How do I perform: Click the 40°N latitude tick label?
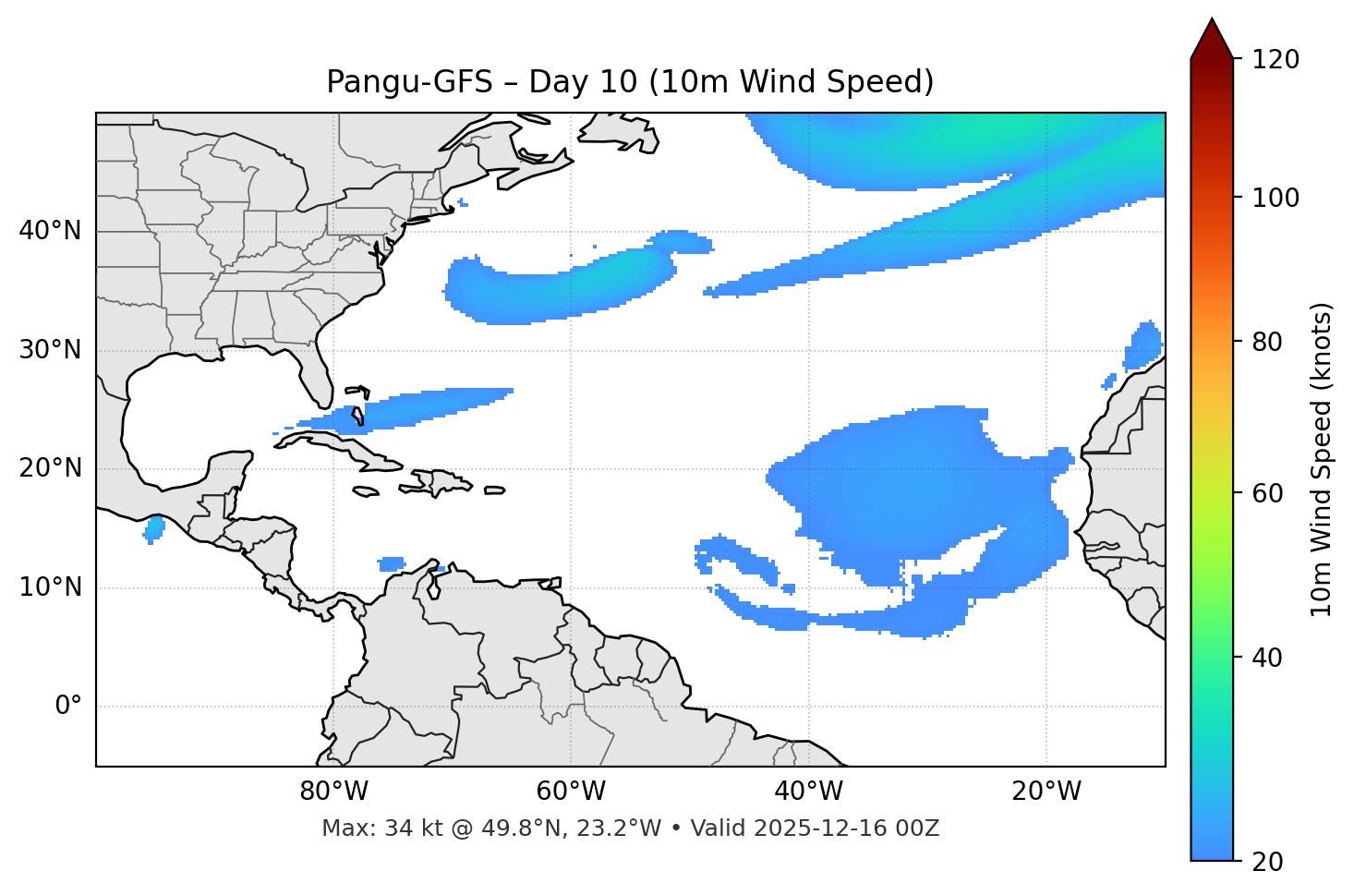pyautogui.click(x=50, y=231)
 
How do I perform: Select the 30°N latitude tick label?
pyautogui.click(x=50, y=350)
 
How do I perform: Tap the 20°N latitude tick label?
pyautogui.click(x=50, y=468)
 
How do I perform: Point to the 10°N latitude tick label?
pyautogui.click(x=50, y=587)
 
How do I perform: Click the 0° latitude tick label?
pyautogui.click(x=68, y=707)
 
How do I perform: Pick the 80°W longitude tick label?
pyautogui.click(x=333, y=792)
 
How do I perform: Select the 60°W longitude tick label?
pyautogui.click(x=571, y=792)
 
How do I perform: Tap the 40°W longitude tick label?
pyautogui.click(x=808, y=792)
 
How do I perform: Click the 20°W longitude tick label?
pyautogui.click(x=1046, y=792)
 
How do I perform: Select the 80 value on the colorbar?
pyautogui.click(x=1272, y=342)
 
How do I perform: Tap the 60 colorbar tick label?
pyautogui.click(x=1272, y=493)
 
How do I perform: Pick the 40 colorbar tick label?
pyautogui.click(x=1272, y=658)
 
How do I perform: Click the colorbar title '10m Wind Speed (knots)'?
pyautogui.click(x=1322, y=459)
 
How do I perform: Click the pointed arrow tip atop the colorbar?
pyautogui.click(x=1212, y=22)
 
